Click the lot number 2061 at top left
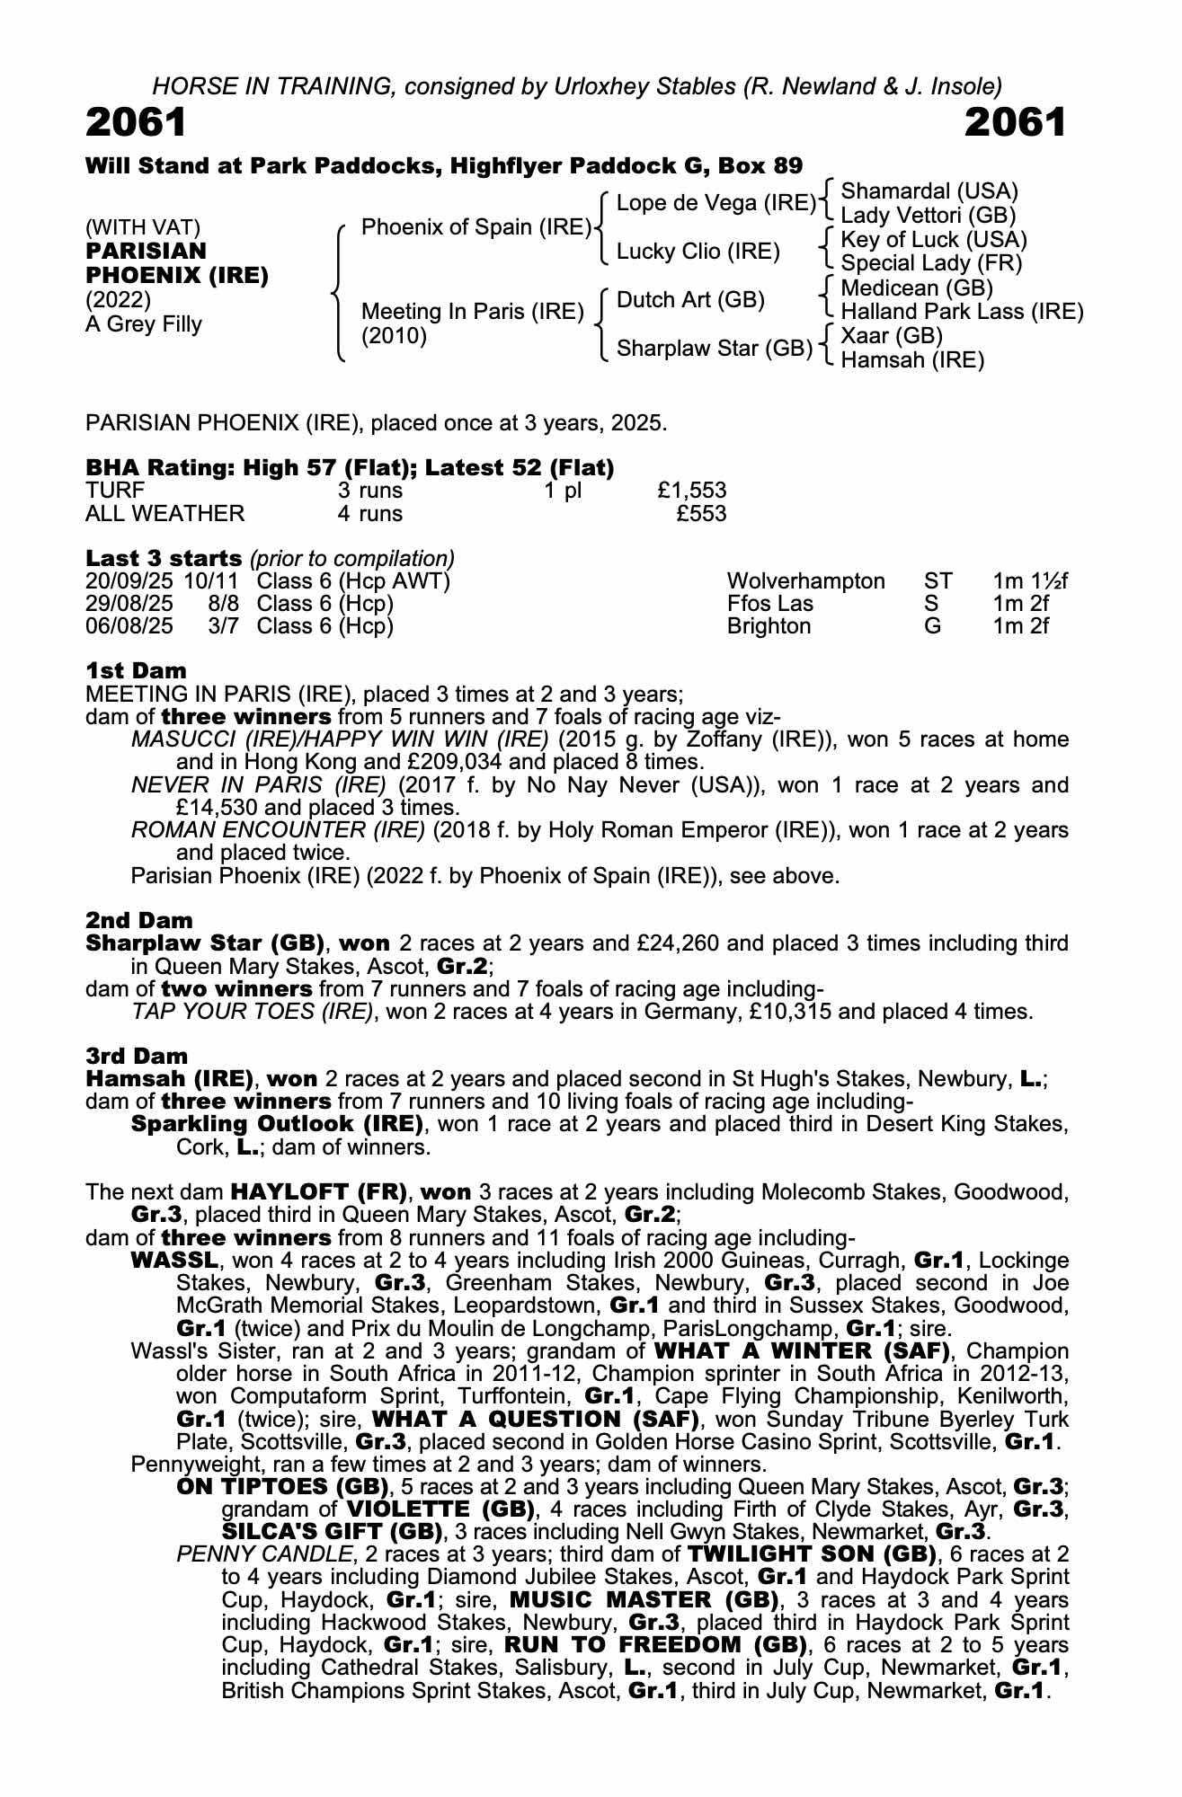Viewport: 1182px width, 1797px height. (136, 123)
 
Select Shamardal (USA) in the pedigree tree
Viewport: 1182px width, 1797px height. (929, 191)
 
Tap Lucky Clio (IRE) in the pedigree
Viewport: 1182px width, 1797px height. (698, 252)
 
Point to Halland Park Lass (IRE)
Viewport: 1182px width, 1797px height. (961, 312)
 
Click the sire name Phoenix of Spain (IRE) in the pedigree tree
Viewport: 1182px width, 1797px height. (475, 227)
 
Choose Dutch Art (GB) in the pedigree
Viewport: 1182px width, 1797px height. (690, 300)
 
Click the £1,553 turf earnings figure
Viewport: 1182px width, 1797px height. (691, 491)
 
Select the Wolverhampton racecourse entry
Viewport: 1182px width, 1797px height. (805, 581)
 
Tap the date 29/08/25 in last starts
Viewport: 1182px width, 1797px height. (129, 604)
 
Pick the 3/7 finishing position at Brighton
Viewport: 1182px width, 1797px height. (223, 626)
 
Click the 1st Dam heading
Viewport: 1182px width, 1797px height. (136, 670)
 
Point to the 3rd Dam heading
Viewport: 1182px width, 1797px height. (137, 1056)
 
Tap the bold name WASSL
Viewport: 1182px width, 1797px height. (174, 1261)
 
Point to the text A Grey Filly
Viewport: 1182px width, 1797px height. (144, 324)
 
